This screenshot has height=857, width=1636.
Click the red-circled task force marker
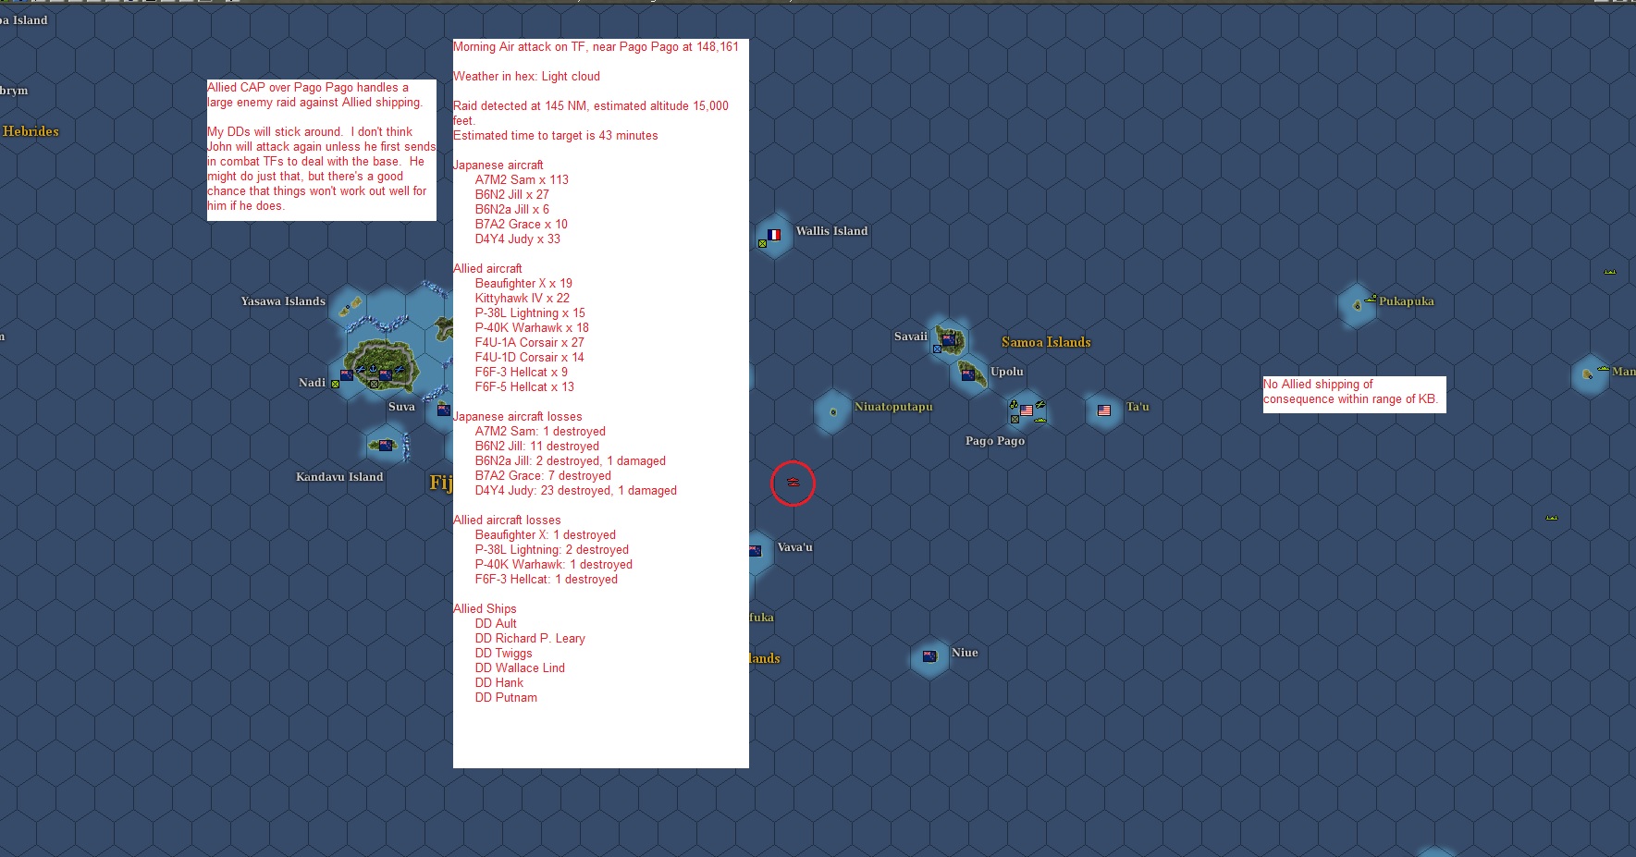pyautogui.click(x=793, y=483)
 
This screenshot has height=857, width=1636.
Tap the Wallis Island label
pyautogui.click(x=831, y=231)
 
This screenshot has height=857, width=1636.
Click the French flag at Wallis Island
pyautogui.click(x=774, y=235)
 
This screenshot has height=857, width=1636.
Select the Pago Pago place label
pyautogui.click(x=995, y=441)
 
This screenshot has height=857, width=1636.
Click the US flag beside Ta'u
pyautogui.click(x=1103, y=410)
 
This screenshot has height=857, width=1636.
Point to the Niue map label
pyautogui.click(x=965, y=653)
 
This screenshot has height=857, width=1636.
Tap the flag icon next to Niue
pyautogui.click(x=929, y=656)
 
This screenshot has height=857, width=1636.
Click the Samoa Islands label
pyautogui.click(x=1046, y=342)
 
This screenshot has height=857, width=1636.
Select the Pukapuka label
pyautogui.click(x=1406, y=301)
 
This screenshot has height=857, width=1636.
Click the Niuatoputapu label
pyautogui.click(x=893, y=407)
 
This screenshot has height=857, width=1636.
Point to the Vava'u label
pyautogui.click(x=794, y=547)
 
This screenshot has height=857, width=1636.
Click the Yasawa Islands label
pyautogui.click(x=283, y=301)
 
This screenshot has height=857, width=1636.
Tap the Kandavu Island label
pyautogui.click(x=339, y=477)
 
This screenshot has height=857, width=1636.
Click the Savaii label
pyautogui.click(x=910, y=337)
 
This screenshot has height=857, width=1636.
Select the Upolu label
pyautogui.click(x=1007, y=372)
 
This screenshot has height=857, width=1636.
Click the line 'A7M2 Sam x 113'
pyautogui.click(x=522, y=180)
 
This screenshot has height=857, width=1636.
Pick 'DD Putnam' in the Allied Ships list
pyautogui.click(x=506, y=698)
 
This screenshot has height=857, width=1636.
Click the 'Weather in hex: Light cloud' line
pyautogui.click(x=526, y=77)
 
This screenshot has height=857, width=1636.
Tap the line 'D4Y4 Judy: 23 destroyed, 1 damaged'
pyautogui.click(x=575, y=491)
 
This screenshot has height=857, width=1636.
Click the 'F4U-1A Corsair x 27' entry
pyautogui.click(x=529, y=343)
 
